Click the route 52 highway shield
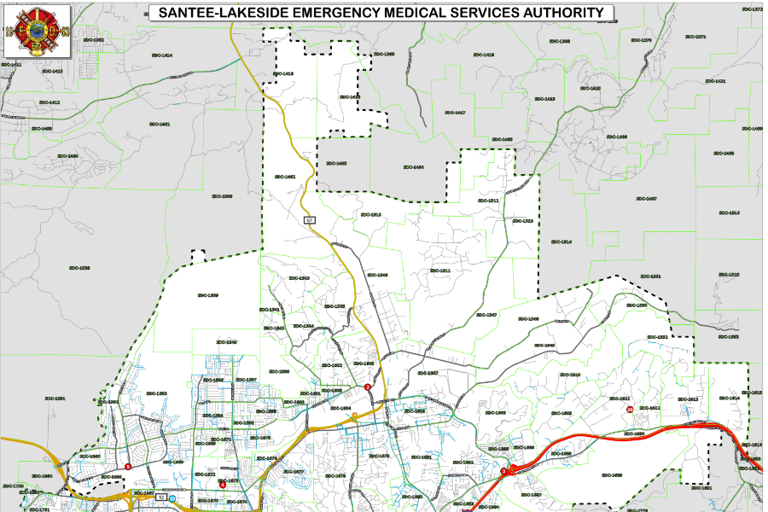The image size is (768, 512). click(x=160, y=497)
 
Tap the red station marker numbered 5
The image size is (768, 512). click(x=128, y=466)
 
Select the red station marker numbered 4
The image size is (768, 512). click(x=223, y=484)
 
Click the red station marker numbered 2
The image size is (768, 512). click(x=368, y=387)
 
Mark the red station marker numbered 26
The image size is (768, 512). click(x=630, y=410)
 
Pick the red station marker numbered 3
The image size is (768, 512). click(x=503, y=470)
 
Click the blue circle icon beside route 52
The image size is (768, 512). click(x=172, y=497)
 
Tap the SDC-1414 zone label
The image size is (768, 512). click(x=161, y=55)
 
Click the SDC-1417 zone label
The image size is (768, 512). click(x=455, y=113)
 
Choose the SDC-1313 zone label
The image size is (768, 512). click(x=522, y=221)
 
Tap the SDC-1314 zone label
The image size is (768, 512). click(x=561, y=242)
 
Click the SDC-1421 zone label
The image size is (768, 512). click(x=715, y=81)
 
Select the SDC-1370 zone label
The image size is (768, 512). click(x=641, y=40)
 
